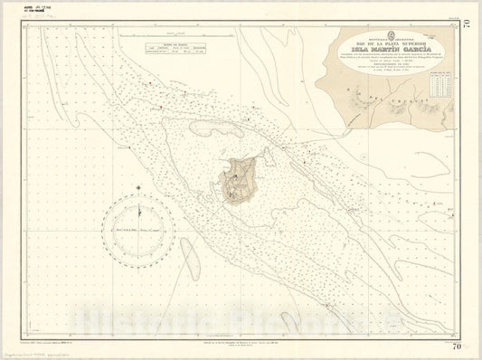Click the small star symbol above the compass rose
click(137, 187)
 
